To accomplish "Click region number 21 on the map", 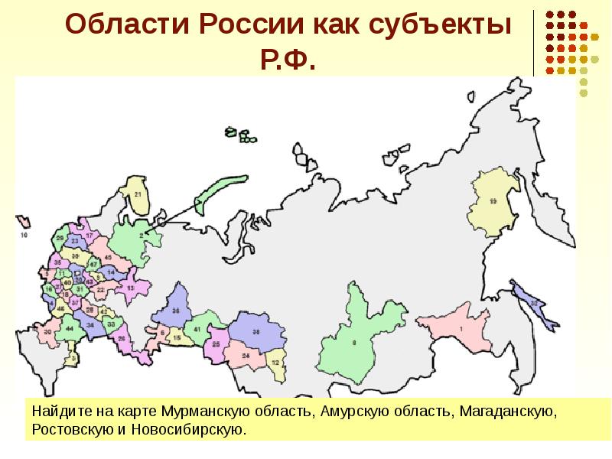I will [x=137, y=195].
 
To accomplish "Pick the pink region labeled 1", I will [x=461, y=329].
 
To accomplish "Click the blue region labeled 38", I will [x=256, y=331].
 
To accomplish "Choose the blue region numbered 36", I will [x=176, y=311].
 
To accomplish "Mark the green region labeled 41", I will [x=197, y=329].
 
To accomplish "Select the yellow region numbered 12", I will [x=275, y=362].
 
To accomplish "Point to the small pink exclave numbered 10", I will [x=24, y=236].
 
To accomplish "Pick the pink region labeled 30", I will [x=47, y=332].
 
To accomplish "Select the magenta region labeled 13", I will [x=131, y=288].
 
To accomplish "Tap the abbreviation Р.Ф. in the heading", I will [x=288, y=60].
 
